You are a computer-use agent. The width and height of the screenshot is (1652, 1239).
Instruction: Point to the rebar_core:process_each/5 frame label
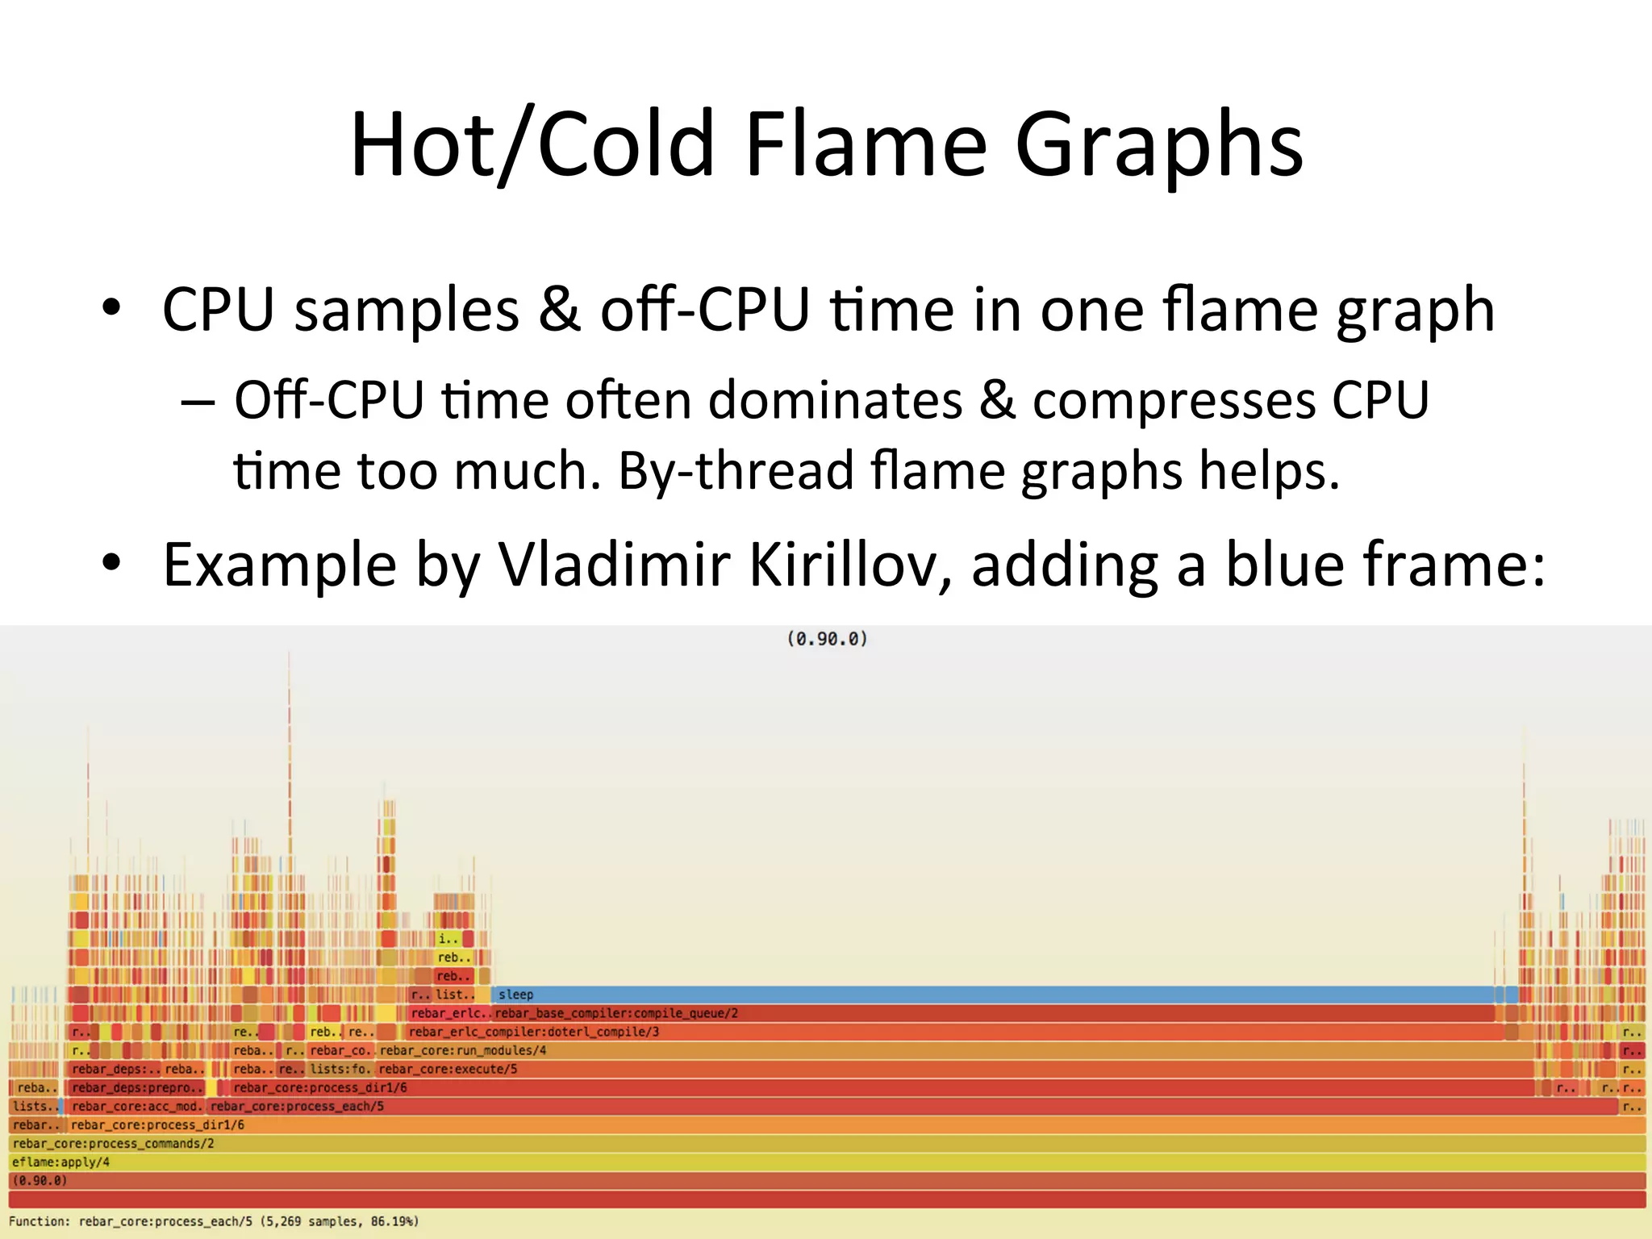click(297, 1107)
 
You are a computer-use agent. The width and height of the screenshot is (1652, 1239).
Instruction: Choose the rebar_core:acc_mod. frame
click(136, 1107)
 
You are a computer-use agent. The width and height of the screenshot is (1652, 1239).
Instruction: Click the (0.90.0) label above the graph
click(827, 639)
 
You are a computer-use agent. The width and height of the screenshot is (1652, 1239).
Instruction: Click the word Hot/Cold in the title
click(532, 145)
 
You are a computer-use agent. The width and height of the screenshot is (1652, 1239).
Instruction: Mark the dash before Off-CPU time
click(198, 401)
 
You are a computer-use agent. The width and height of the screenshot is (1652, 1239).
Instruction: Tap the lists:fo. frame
click(340, 1069)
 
